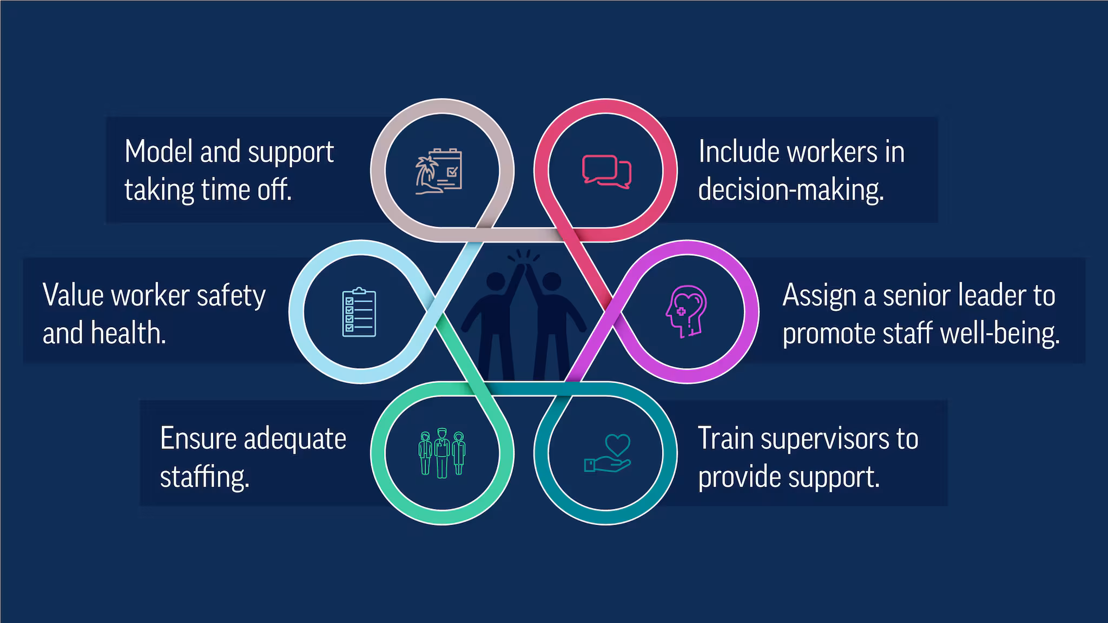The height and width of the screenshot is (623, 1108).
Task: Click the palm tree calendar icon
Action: click(x=439, y=171)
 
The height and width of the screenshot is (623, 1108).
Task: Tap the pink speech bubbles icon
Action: click(x=606, y=171)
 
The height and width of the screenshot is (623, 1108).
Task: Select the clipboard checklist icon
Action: click(x=359, y=313)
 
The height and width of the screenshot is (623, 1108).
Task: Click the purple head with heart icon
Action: click(x=686, y=311)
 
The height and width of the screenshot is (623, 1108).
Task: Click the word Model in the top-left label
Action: click(x=159, y=152)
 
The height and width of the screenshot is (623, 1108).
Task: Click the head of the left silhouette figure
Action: click(x=495, y=282)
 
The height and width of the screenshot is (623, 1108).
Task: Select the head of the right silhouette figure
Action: click(x=552, y=282)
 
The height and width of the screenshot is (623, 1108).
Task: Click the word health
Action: click(x=128, y=333)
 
